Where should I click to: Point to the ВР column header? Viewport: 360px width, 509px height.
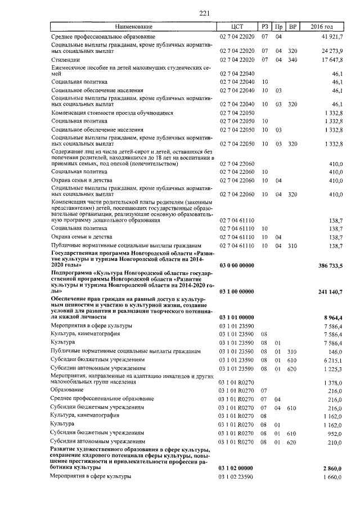tap(292, 27)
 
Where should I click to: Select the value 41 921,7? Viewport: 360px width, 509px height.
tap(332, 36)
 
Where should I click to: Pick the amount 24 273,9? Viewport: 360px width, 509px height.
tap(332, 51)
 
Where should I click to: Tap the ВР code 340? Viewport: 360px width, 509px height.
tap(292, 59)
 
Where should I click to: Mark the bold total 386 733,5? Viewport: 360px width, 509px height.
tap(328, 264)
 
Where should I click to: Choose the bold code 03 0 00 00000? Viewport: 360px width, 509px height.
tap(236, 264)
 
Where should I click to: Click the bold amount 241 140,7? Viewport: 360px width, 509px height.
tap(328, 292)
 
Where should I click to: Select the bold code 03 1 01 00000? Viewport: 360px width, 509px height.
tap(236, 317)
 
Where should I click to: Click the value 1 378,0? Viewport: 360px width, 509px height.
tap(333, 382)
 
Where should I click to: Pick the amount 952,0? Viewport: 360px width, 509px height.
tap(335, 434)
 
